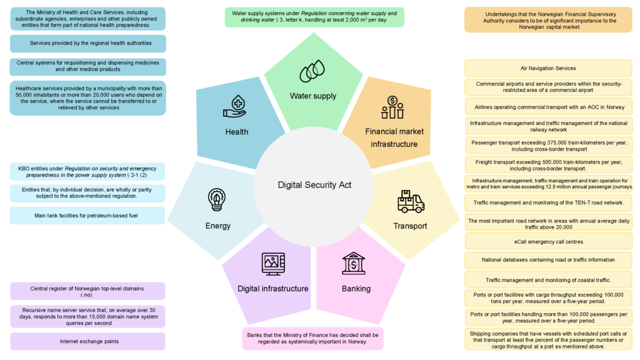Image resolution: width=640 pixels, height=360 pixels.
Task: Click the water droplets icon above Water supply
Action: pos(312,71)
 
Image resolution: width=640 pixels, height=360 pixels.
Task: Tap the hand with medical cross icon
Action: pos(235,106)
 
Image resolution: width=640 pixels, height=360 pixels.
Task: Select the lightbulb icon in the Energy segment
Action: pos(217,199)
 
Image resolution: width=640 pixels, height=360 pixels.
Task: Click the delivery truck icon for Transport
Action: pos(411,202)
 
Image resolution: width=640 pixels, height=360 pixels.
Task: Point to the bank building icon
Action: pos(354,263)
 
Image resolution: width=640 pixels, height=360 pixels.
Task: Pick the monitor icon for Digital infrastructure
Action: pos(273,264)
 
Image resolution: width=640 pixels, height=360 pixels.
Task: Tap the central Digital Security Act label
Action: pos(314,185)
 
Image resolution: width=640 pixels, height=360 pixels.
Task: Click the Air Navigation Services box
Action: pos(548,68)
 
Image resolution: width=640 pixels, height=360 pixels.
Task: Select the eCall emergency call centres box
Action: pos(549,242)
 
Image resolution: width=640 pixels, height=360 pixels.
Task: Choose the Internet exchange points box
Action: pos(87,341)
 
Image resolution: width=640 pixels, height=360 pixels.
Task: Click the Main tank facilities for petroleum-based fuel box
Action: pos(87,216)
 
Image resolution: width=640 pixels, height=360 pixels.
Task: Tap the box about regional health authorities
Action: pos(87,43)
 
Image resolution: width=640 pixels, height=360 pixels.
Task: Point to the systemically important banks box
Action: pos(312,338)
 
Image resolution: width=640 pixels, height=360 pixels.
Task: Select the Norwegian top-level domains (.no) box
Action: pos(87,291)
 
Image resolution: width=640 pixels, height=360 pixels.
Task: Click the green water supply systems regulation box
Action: pos(314,17)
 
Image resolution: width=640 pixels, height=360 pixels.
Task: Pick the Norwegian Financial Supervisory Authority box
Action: pos(548,20)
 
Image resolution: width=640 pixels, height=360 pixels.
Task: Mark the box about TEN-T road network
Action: pos(549,202)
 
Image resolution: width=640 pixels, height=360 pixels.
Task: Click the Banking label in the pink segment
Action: pos(356,289)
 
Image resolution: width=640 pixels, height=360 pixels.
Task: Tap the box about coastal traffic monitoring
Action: pos(549,280)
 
